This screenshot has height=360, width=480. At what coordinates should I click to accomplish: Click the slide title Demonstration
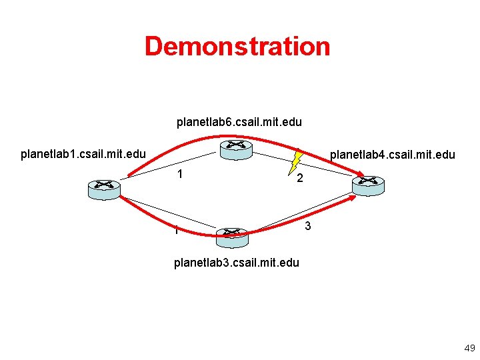point(237,47)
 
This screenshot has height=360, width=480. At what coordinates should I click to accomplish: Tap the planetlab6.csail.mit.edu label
point(239,122)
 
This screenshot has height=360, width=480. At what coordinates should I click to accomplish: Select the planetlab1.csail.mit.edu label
point(83,155)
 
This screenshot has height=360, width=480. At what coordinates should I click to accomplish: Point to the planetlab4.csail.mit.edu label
point(392,155)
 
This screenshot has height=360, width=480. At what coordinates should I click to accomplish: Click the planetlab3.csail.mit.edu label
point(236,262)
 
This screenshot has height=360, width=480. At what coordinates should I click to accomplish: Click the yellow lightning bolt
point(297,160)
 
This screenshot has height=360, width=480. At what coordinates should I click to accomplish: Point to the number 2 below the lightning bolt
point(301,179)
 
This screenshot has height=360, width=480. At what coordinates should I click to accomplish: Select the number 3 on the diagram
point(307,227)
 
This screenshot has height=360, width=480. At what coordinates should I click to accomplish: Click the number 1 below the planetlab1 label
point(180,175)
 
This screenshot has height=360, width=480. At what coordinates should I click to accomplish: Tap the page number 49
point(469,348)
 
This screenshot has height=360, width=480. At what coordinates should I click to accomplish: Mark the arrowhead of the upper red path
point(360,177)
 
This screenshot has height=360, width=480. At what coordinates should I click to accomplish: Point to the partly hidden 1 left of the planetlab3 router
point(176,231)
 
